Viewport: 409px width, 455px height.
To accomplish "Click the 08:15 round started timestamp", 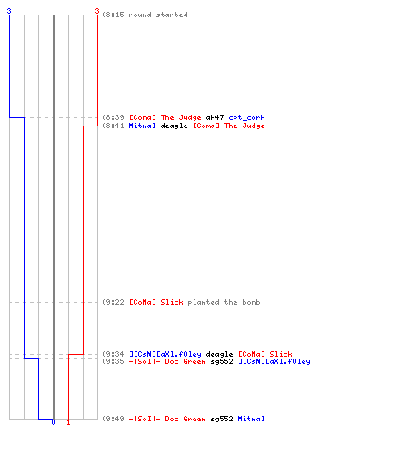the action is click(x=113, y=15).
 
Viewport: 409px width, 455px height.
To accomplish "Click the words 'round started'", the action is click(x=158, y=15).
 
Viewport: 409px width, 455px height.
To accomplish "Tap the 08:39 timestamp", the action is click(x=113, y=117).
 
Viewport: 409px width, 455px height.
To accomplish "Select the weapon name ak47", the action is click(x=214, y=117).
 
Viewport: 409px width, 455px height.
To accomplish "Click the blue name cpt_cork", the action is click(x=246, y=117).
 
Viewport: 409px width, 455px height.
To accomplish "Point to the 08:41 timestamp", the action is click(x=113, y=126).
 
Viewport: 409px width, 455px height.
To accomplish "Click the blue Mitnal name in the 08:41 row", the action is click(x=142, y=126).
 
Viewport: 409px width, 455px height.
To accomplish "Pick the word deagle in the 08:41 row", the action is click(x=174, y=126).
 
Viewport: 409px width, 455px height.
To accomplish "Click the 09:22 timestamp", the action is click(x=113, y=302).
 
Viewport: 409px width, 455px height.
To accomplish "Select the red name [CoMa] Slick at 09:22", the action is click(x=156, y=302).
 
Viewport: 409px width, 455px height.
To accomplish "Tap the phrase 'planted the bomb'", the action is click(x=224, y=302).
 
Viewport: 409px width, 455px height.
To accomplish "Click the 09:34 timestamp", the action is click(x=113, y=354).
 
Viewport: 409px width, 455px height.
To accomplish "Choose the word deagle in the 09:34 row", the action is click(x=219, y=354).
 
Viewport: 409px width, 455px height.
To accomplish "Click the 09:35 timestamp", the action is click(x=113, y=361).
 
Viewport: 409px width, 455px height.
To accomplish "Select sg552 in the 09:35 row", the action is click(x=222, y=361).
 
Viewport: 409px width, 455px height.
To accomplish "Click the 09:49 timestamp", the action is click(x=113, y=419).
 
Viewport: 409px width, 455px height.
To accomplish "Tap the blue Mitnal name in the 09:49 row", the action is click(x=251, y=419).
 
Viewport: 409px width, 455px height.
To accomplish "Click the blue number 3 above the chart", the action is click(x=9, y=11).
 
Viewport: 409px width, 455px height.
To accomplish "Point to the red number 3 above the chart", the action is click(x=97, y=11).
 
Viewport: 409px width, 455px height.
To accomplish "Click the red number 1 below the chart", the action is click(x=68, y=422).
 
